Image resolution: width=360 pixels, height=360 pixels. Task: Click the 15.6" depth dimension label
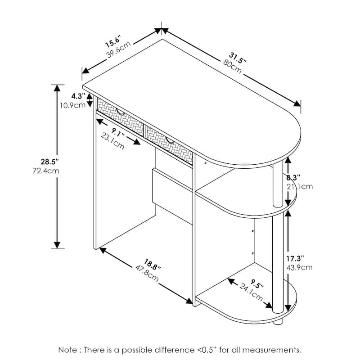pos(113,41)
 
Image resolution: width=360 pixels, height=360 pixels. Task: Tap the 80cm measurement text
pos(232,67)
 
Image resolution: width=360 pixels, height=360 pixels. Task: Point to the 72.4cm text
pos(46,171)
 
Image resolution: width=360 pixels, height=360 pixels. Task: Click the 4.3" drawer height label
pos(78,96)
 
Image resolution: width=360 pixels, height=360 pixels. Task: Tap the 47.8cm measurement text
pos(147,274)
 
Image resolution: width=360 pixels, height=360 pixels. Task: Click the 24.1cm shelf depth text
pos(251,292)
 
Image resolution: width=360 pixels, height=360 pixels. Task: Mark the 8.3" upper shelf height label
pos(293,177)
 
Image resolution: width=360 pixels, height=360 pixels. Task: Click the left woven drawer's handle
pos(121,112)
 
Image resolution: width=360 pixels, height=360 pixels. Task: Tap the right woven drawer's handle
pos(170,140)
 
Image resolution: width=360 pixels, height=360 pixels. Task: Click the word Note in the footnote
pos(68,350)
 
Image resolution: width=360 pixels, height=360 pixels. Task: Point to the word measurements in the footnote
pos(272,350)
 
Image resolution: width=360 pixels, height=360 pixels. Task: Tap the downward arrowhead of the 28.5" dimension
pos(57,245)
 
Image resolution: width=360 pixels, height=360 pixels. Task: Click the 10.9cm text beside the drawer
pos(73,105)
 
